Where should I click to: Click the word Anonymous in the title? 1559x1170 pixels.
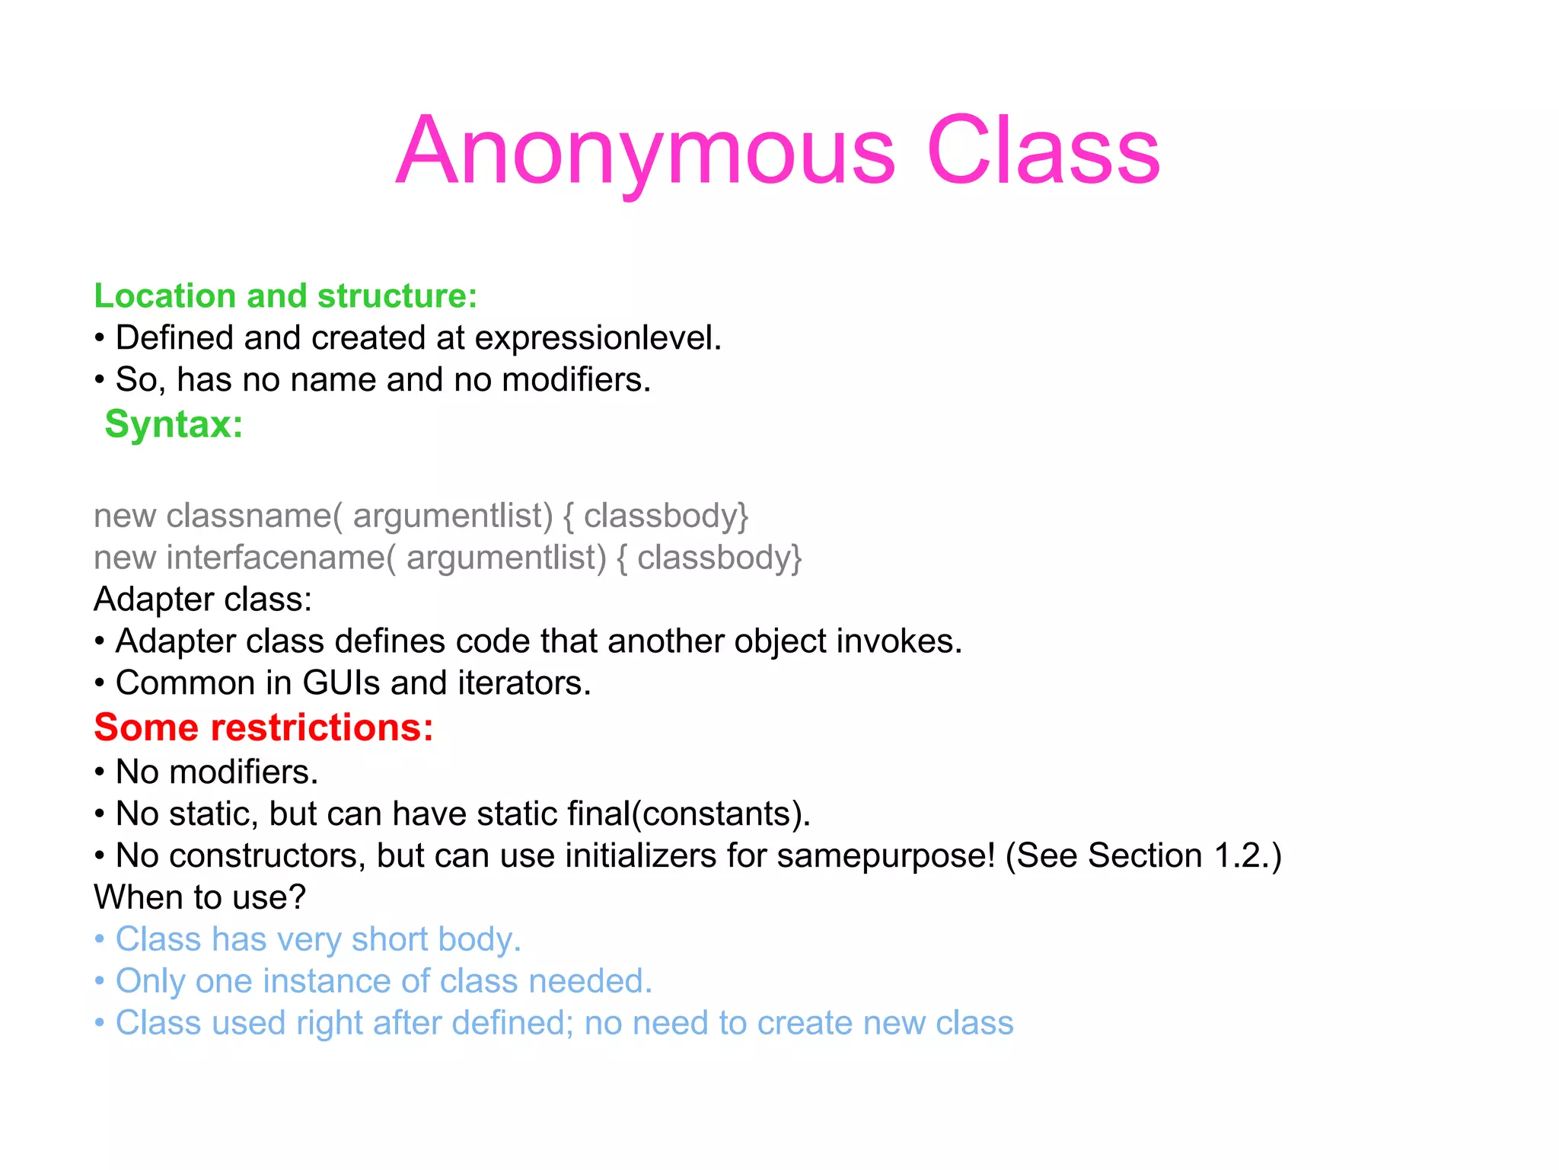(x=646, y=151)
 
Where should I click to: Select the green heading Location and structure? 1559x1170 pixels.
(x=285, y=296)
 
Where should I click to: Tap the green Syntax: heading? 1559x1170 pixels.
(x=174, y=424)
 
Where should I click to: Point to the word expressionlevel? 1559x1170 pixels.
(x=598, y=337)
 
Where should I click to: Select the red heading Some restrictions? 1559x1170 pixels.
(x=263, y=727)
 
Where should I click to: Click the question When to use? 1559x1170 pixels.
(x=199, y=897)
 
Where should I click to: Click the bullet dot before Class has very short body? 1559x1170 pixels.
(x=100, y=939)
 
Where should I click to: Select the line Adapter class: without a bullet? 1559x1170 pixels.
(x=202, y=599)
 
